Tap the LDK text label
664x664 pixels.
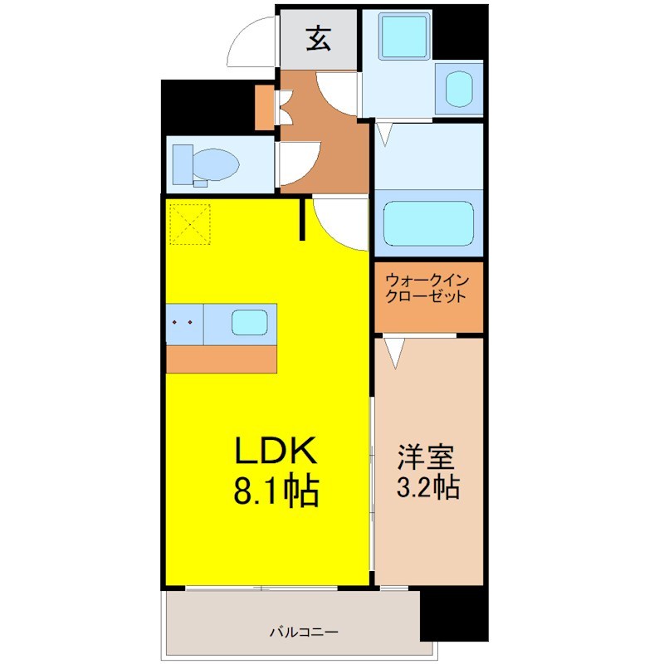276,450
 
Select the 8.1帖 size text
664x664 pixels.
276,491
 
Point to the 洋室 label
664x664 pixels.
425,456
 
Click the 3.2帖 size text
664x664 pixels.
427,487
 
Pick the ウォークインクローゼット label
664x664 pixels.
427,288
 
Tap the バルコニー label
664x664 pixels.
304,632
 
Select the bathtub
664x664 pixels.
428,223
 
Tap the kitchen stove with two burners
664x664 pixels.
184,324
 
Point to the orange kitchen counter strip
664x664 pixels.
221,359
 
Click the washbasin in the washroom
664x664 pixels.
459,89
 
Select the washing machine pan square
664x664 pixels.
405,36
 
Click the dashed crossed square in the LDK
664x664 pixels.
190,224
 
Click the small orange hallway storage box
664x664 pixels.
265,108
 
